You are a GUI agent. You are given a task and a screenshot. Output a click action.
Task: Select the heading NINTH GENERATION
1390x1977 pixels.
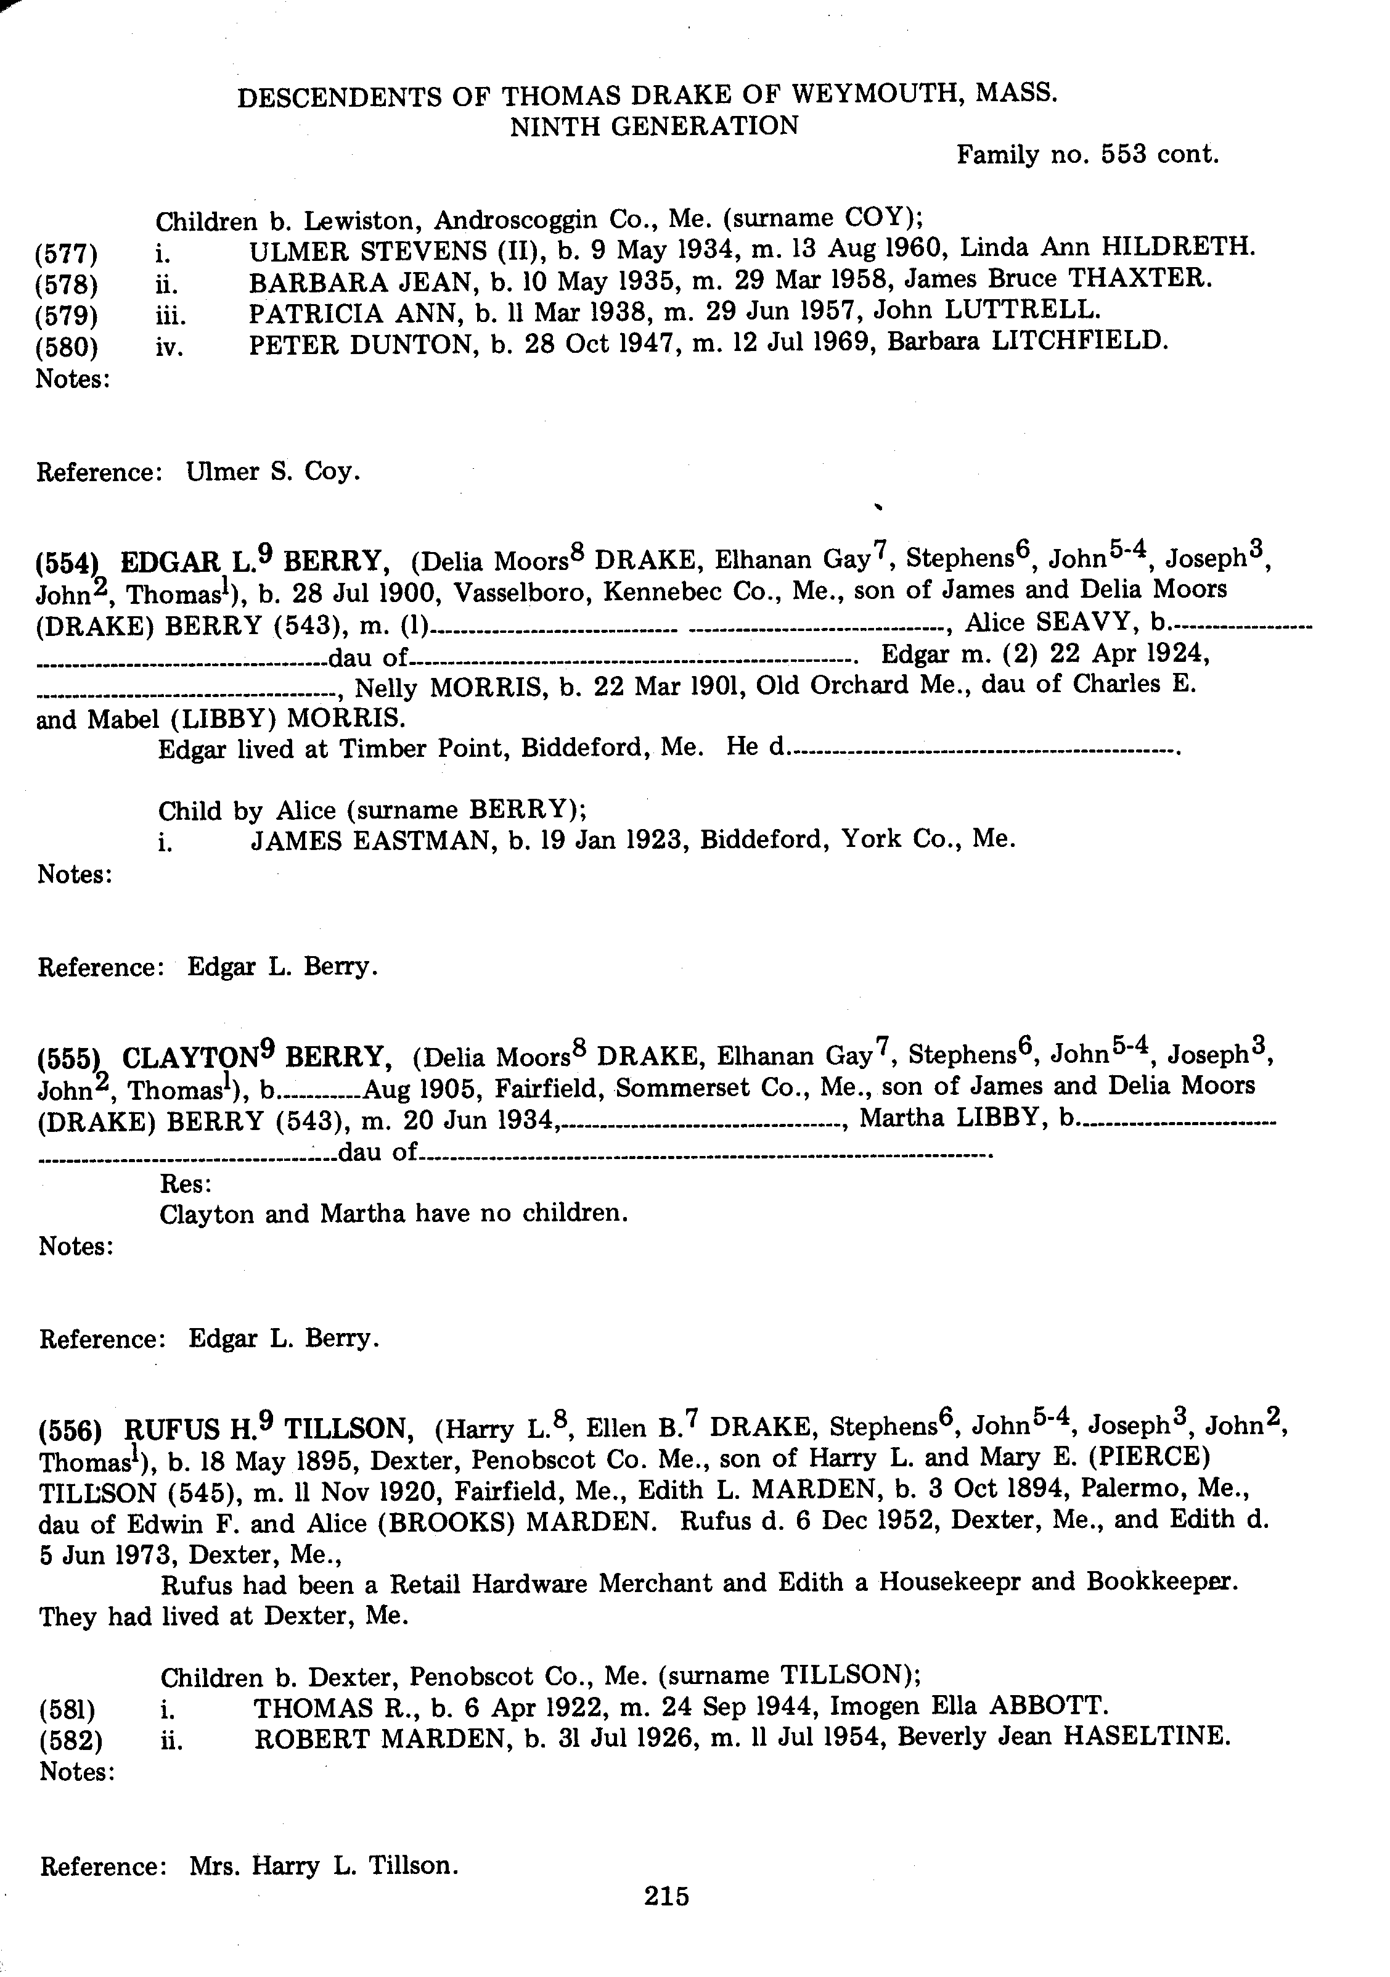[x=654, y=126]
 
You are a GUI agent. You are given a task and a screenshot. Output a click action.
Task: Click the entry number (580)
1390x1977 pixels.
[x=67, y=349]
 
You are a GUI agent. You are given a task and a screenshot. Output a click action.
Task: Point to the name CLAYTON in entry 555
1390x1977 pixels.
[x=191, y=1057]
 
